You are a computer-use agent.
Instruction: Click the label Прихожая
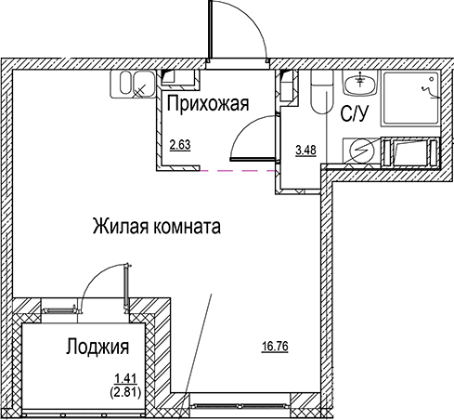(x=208, y=105)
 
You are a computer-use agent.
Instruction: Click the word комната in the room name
(x=190, y=225)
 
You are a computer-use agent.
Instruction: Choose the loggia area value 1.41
(x=122, y=377)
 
